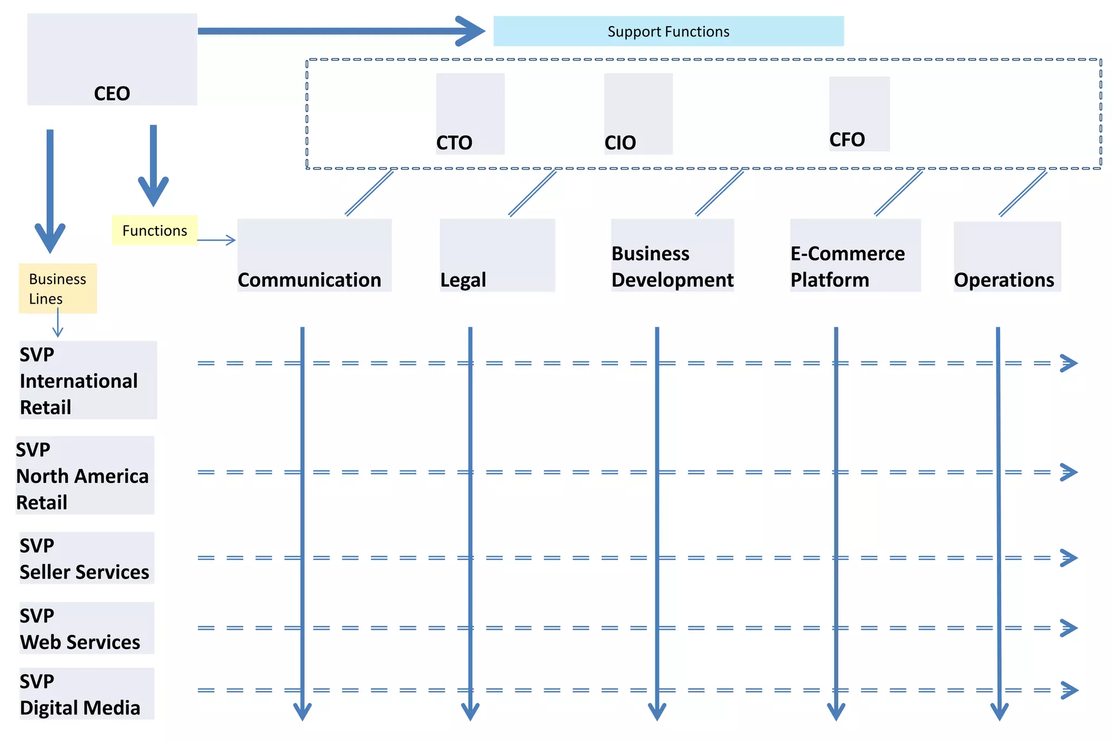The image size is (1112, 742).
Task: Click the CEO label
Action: (112, 93)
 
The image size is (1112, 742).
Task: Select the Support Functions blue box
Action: (668, 32)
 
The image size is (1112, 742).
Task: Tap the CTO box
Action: (470, 114)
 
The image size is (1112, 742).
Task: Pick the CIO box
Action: (638, 114)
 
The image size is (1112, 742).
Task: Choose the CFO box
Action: (859, 114)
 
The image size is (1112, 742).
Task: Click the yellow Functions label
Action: (155, 230)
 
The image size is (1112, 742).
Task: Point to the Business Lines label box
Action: (58, 288)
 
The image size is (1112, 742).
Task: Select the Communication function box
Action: (314, 255)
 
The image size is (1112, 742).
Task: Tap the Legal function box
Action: (497, 255)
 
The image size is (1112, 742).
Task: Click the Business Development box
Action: (672, 255)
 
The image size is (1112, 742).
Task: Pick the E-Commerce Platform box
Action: (855, 255)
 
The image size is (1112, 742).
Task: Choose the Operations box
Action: (1007, 257)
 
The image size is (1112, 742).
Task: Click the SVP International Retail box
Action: (88, 380)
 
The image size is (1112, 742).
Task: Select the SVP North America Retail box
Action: (85, 475)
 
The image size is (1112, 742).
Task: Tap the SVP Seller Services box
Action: (87, 558)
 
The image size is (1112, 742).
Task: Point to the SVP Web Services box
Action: (87, 628)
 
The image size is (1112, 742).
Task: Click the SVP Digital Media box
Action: (87, 694)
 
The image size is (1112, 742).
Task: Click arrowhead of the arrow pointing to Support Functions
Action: (471, 31)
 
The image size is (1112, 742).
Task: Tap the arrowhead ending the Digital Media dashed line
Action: (1069, 690)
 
